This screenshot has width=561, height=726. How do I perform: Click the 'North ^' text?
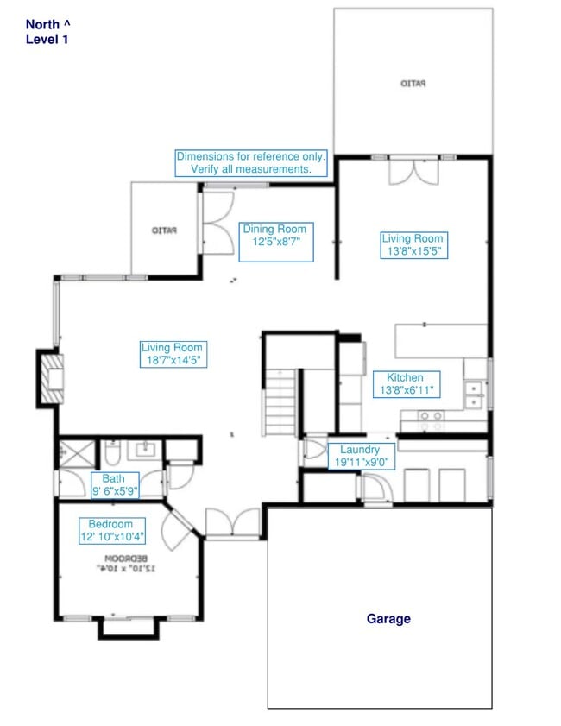(48, 24)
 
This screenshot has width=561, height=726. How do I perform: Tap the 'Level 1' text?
(46, 39)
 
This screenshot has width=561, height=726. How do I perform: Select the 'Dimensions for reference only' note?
(251, 163)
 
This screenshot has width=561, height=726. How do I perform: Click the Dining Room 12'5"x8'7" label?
(274, 237)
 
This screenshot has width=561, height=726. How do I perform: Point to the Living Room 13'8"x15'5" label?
(413, 245)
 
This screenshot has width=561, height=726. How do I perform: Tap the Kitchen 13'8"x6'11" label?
(405, 384)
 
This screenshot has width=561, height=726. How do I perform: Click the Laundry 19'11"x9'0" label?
(360, 456)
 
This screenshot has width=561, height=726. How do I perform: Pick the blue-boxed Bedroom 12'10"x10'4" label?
(110, 531)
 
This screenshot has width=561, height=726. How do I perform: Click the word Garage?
(388, 618)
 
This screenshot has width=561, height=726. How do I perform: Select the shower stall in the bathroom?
(69, 453)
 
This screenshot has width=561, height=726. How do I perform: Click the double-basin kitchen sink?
(473, 395)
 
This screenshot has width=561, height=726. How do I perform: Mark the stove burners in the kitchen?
(430, 421)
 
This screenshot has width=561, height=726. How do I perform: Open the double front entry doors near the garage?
(231, 522)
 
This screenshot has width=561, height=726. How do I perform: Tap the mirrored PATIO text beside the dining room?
(164, 230)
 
